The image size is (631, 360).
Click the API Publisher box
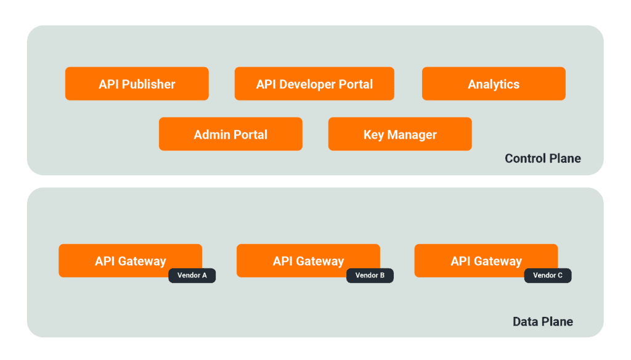point(137,84)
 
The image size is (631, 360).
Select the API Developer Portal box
point(314,84)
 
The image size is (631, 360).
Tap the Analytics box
point(494,84)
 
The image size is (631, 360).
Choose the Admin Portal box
point(230,134)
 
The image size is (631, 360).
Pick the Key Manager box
point(400,134)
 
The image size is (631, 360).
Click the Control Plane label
point(542,158)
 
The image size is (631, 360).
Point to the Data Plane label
point(542,322)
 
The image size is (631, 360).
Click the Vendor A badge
point(192,276)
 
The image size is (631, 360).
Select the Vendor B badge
point(370,276)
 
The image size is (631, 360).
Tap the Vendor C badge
point(548,276)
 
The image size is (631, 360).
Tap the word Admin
point(212,134)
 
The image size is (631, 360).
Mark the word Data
point(525,322)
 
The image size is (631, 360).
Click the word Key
point(373,134)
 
